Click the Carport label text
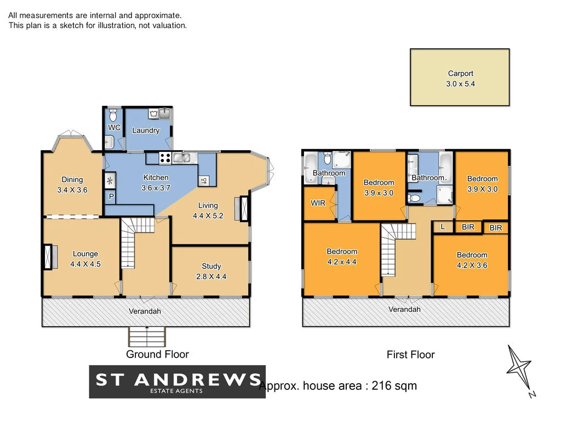point(460,73)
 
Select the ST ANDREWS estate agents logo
point(177,382)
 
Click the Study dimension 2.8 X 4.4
point(210,277)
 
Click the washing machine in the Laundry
point(153,114)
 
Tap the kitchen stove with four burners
point(165,158)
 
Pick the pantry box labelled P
point(111,197)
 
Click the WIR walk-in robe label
point(318,203)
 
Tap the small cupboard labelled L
point(443,226)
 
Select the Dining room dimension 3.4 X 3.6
point(72,190)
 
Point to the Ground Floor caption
point(157,354)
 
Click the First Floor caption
point(410,355)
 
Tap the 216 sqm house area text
point(337,386)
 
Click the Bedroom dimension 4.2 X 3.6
point(472,265)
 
